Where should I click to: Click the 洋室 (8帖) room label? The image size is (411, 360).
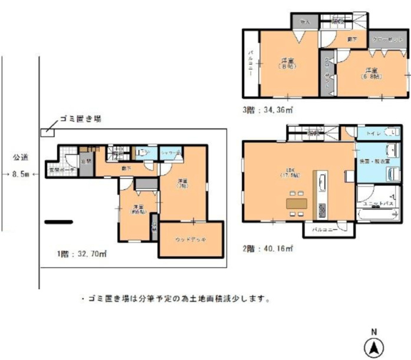click(287, 63)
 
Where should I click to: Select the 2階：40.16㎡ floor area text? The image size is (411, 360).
click(269, 249)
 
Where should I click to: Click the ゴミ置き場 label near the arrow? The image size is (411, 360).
click(80, 119)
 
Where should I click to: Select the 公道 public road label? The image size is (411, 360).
click(21, 157)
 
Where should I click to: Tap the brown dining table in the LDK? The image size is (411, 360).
click(297, 203)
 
